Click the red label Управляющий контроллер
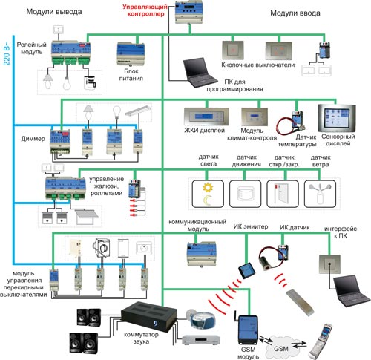tap(145, 10)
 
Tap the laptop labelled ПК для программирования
tap(200, 73)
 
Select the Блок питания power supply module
tap(131, 54)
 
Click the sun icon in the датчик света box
tap(208, 187)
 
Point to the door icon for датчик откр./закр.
tap(282, 194)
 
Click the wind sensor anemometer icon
tap(320, 193)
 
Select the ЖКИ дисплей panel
tap(206, 117)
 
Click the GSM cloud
tap(280, 347)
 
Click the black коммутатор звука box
tap(149, 316)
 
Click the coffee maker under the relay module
tap(90, 82)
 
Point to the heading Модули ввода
tap(295, 13)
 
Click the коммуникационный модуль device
tap(202, 254)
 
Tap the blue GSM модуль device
tap(248, 330)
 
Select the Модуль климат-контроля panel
tap(255, 117)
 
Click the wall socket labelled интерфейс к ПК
tap(329, 264)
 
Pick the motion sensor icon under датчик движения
tap(245, 194)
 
